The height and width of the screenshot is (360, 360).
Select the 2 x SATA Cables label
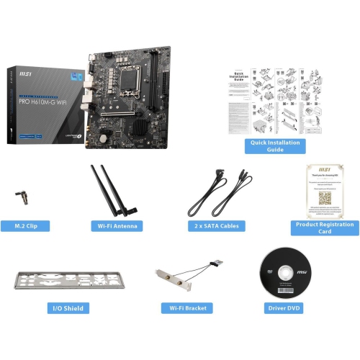pos(215,225)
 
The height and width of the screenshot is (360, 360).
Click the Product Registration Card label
pos(323,228)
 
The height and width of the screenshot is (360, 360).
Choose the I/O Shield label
pos(68,308)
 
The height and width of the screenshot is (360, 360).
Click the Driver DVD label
pos(283,308)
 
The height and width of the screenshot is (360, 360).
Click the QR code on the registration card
pos(324,197)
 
